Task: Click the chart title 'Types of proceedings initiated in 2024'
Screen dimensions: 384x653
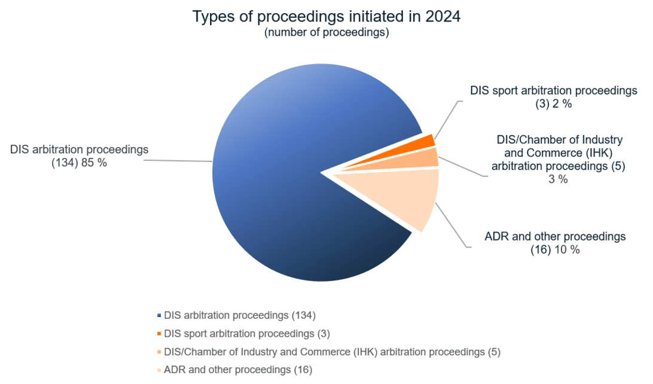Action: click(326, 16)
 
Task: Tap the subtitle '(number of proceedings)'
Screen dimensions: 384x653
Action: click(326, 32)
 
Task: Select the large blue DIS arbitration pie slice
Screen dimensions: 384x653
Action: click(287, 179)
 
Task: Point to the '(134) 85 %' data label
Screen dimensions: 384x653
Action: click(80, 162)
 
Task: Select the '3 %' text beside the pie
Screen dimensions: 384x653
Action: click(558, 179)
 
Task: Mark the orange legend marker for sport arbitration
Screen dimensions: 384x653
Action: click(158, 334)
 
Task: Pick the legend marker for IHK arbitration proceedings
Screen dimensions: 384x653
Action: click(158, 352)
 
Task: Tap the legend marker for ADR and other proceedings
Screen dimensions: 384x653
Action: click(158, 370)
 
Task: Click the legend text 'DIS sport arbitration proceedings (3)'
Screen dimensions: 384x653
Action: click(247, 333)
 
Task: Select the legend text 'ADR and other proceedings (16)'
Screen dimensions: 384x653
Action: click(238, 370)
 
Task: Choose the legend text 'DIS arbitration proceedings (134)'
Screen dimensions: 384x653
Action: click(240, 315)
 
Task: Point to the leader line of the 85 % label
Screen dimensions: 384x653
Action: click(179, 160)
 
